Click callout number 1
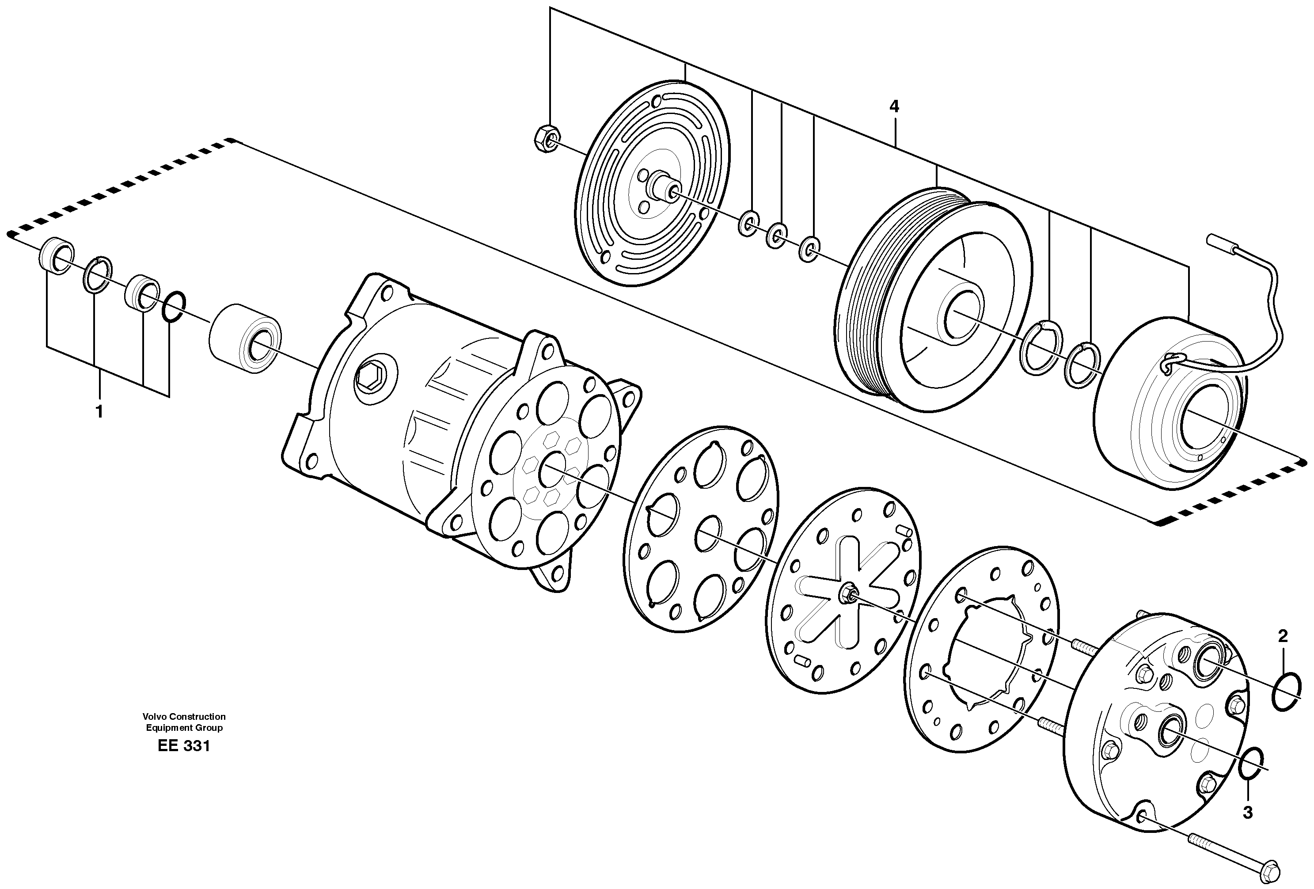coord(99,412)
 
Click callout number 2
coord(1282,636)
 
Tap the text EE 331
coord(184,746)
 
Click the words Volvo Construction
coord(184,717)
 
